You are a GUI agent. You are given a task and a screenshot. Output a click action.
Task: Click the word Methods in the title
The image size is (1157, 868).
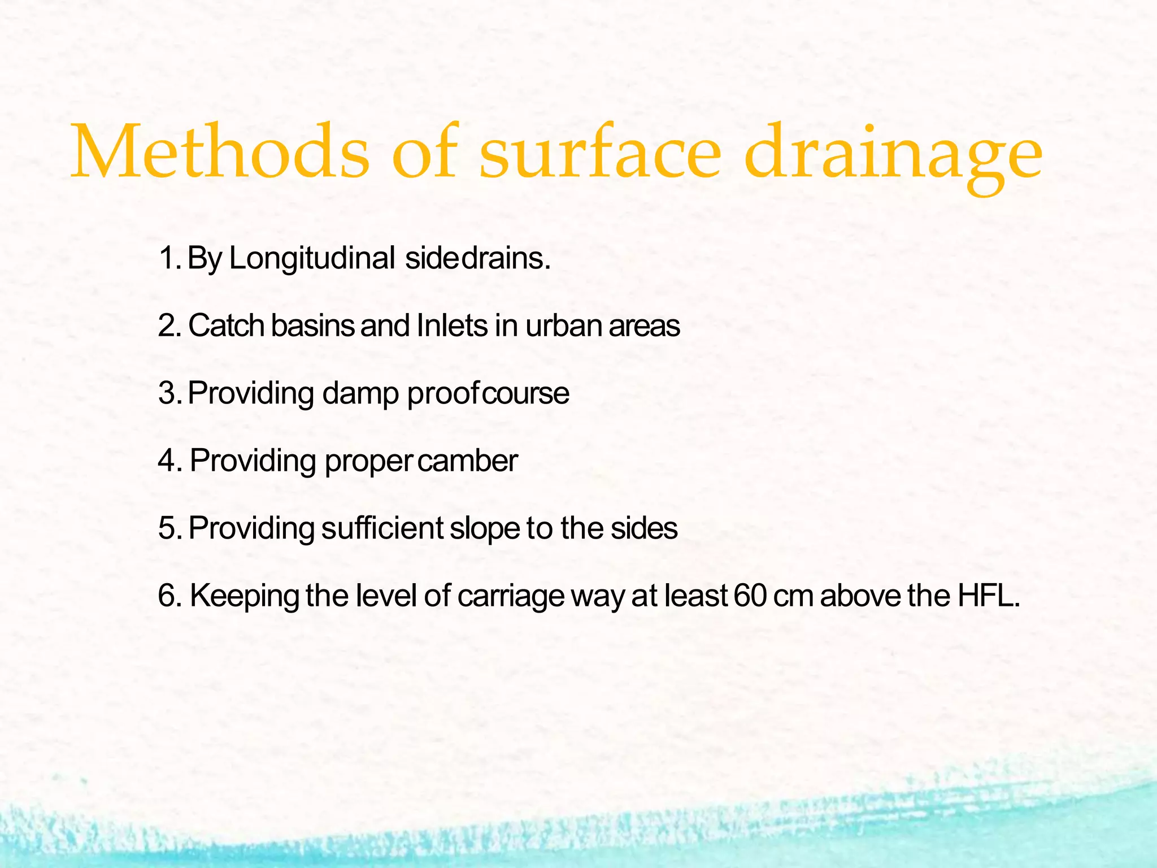click(220, 151)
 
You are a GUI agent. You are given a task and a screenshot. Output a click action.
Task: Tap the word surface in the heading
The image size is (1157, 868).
click(600, 151)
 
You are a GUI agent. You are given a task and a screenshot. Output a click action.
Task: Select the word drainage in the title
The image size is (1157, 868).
click(893, 155)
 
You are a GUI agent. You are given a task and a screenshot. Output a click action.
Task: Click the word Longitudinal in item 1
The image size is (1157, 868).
click(312, 259)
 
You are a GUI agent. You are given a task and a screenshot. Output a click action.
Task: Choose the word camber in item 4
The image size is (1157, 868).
click(468, 461)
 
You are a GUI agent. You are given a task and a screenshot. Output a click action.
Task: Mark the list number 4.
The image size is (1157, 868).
click(170, 461)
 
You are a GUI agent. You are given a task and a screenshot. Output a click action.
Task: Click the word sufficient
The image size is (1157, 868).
click(382, 528)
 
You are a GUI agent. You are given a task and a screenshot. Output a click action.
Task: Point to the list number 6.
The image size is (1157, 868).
click(170, 596)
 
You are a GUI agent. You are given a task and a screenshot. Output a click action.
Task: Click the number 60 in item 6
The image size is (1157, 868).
click(751, 596)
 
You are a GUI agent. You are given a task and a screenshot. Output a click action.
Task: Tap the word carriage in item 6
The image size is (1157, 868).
click(511, 597)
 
